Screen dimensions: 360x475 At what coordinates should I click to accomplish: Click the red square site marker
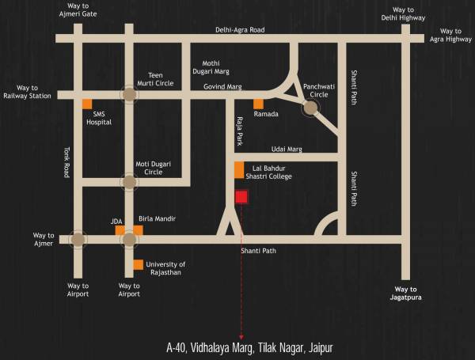point(241,197)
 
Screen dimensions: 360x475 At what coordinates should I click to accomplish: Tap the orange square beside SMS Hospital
point(88,104)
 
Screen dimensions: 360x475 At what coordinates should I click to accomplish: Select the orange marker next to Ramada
point(258,104)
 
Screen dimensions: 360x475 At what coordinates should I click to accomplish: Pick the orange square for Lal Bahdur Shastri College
point(239,170)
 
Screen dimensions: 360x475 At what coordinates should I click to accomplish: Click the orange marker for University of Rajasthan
point(139,264)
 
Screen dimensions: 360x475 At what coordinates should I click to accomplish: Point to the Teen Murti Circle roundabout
point(128,94)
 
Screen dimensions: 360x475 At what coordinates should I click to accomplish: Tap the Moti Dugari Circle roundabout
point(128,182)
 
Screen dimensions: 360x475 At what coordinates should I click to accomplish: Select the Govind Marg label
point(222,85)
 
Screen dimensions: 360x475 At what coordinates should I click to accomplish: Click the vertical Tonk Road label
point(67,163)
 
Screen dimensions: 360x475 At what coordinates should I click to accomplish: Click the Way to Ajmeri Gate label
point(78,10)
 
